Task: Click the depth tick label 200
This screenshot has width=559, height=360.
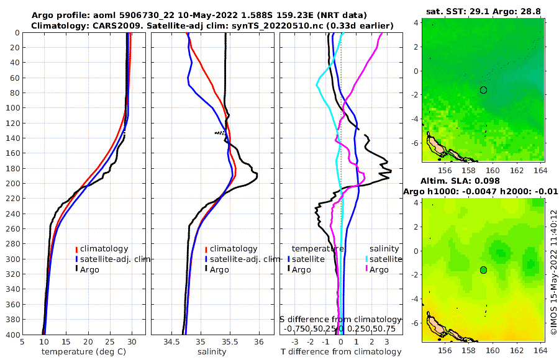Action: click(x=12, y=183)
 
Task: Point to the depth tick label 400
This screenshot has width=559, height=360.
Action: click(x=12, y=335)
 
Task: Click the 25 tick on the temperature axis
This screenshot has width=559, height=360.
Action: click(x=110, y=341)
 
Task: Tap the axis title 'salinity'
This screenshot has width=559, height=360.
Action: click(x=211, y=352)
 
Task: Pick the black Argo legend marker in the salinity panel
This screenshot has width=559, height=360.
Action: click(x=206, y=269)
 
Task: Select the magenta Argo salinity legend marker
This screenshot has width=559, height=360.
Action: click(x=366, y=269)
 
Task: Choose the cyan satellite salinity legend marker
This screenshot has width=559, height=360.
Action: click(x=366, y=259)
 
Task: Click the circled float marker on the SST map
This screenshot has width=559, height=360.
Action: click(x=484, y=90)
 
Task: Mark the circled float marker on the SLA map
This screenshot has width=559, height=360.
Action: click(x=484, y=270)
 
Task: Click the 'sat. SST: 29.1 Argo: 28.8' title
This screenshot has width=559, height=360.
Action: click(x=484, y=12)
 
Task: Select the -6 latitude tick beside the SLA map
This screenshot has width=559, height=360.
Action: click(x=416, y=323)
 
